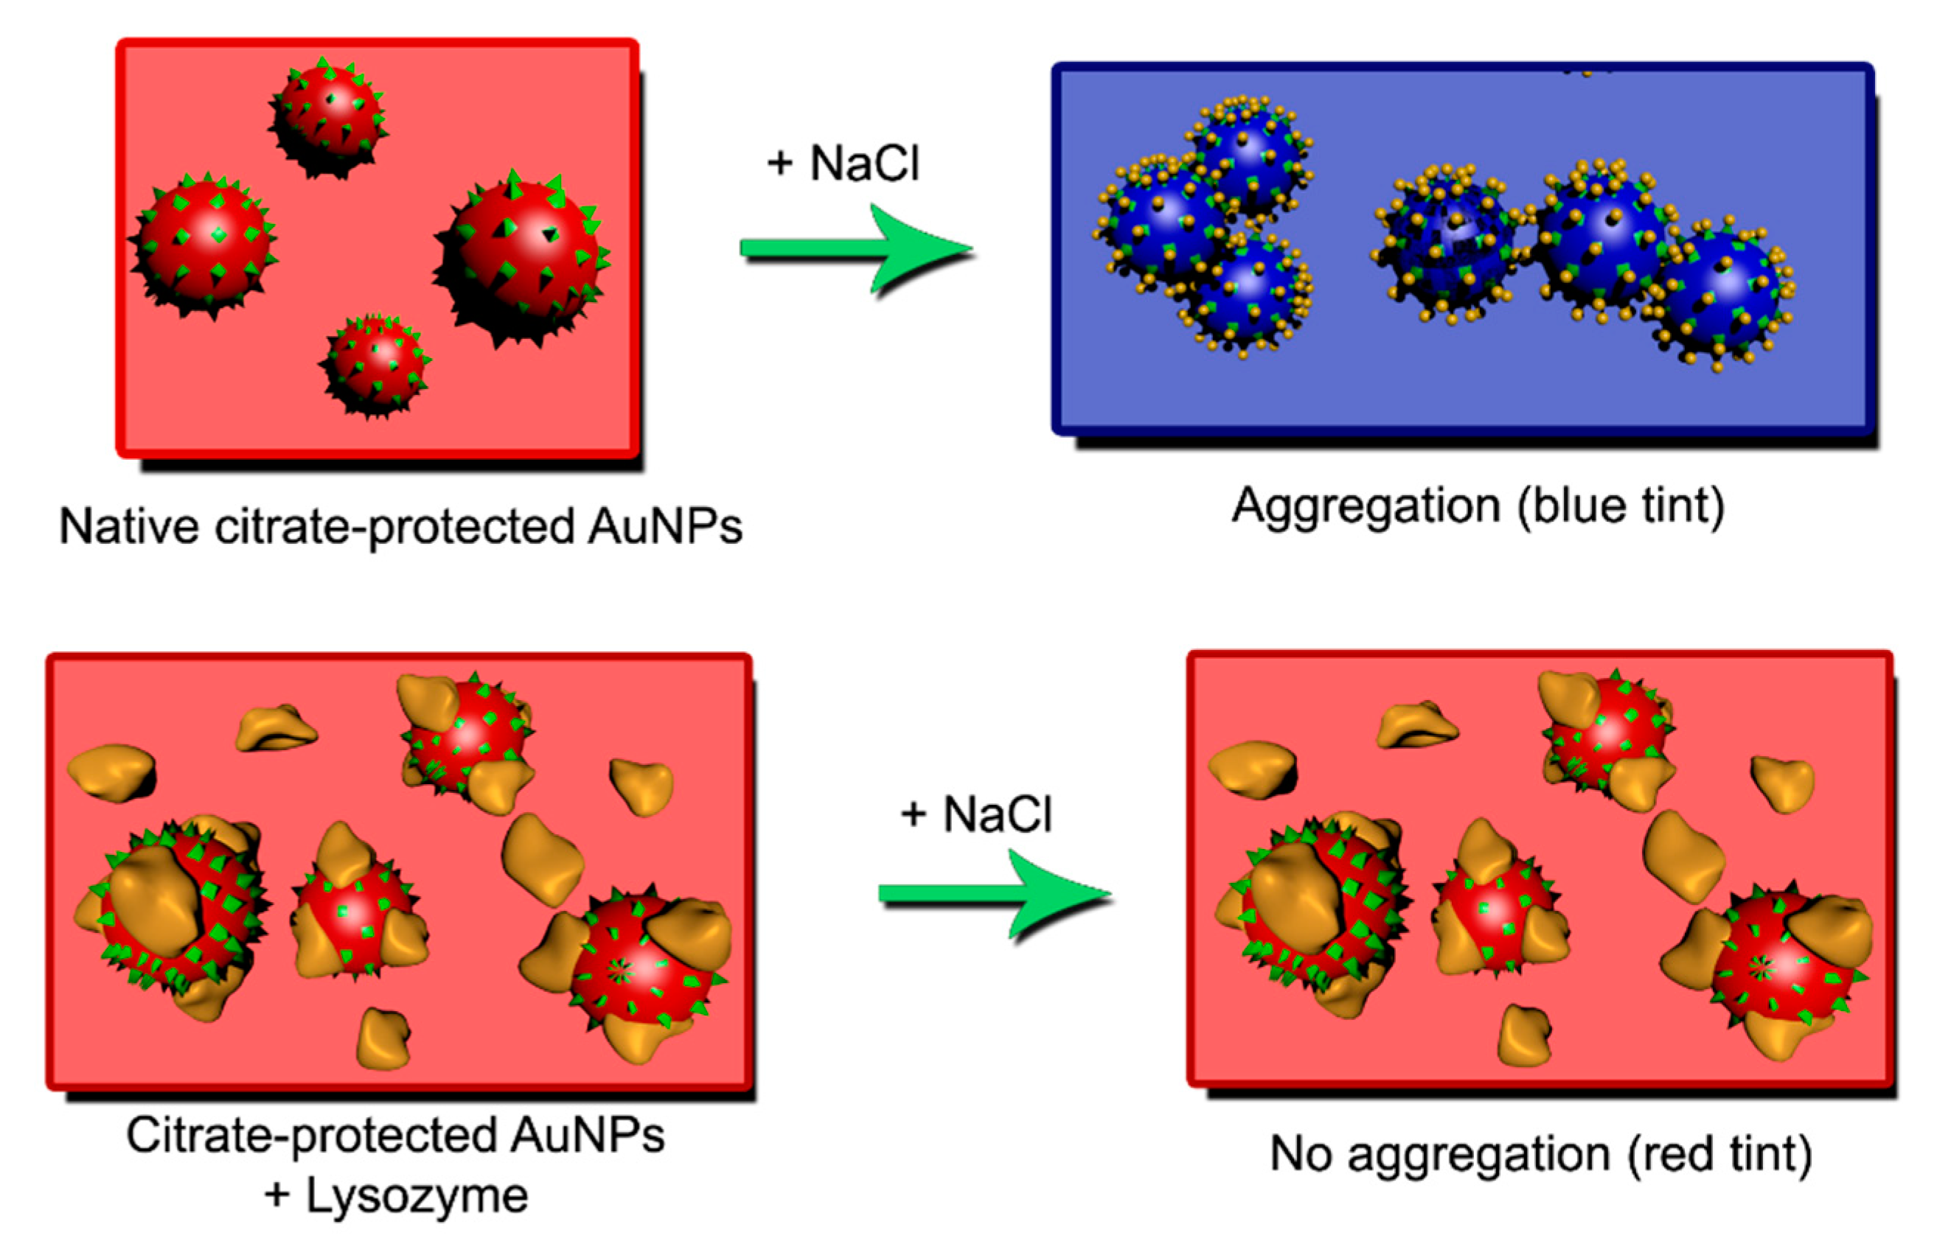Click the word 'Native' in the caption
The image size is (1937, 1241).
(129, 528)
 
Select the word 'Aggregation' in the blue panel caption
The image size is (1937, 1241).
(1366, 508)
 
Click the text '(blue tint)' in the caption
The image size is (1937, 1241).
(1620, 508)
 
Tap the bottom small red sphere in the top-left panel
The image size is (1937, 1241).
(375, 365)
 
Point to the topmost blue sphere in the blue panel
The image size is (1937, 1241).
(1247, 153)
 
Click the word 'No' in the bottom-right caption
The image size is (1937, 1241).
(1300, 1155)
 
